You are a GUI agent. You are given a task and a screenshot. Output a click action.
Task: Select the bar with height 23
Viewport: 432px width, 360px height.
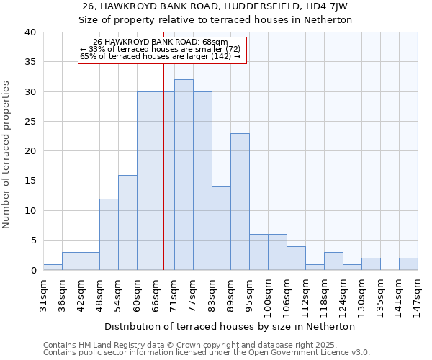[240, 202]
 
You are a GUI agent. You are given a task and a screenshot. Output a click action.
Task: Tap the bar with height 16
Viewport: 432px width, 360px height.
[127, 222]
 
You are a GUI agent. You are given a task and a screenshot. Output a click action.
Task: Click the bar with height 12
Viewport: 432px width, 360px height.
[109, 235]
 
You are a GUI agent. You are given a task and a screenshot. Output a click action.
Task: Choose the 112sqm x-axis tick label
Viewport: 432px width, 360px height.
[305, 294]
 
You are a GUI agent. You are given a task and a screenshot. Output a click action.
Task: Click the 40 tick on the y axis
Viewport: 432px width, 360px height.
[30, 32]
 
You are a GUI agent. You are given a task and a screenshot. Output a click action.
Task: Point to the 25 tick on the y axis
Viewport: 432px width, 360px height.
[30, 122]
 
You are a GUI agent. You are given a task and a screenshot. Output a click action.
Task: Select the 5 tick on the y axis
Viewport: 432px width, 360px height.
[33, 240]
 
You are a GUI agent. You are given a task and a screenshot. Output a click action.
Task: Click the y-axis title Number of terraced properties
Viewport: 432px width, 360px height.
[7, 154]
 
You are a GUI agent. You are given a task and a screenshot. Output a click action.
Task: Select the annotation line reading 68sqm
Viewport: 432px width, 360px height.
[161, 42]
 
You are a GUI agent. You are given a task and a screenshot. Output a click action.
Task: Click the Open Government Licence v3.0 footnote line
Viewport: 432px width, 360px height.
[207, 353]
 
